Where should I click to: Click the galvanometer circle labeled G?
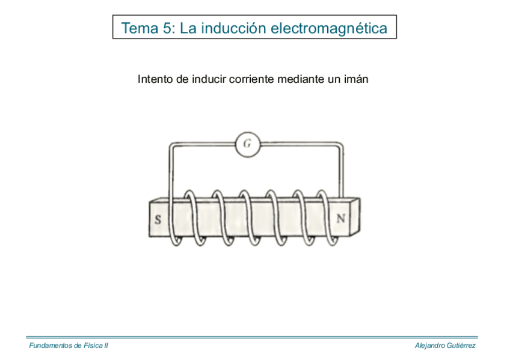click(247, 144)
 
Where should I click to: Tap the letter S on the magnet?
click(158, 219)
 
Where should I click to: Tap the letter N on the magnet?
click(340, 218)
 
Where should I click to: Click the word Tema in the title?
click(140, 28)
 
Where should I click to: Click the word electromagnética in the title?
click(330, 28)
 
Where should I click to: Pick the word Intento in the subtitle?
click(155, 79)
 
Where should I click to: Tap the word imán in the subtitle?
click(355, 79)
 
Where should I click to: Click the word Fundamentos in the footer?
click(51, 346)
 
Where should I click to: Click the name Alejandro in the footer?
click(431, 346)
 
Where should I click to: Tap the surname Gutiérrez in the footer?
click(462, 346)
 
